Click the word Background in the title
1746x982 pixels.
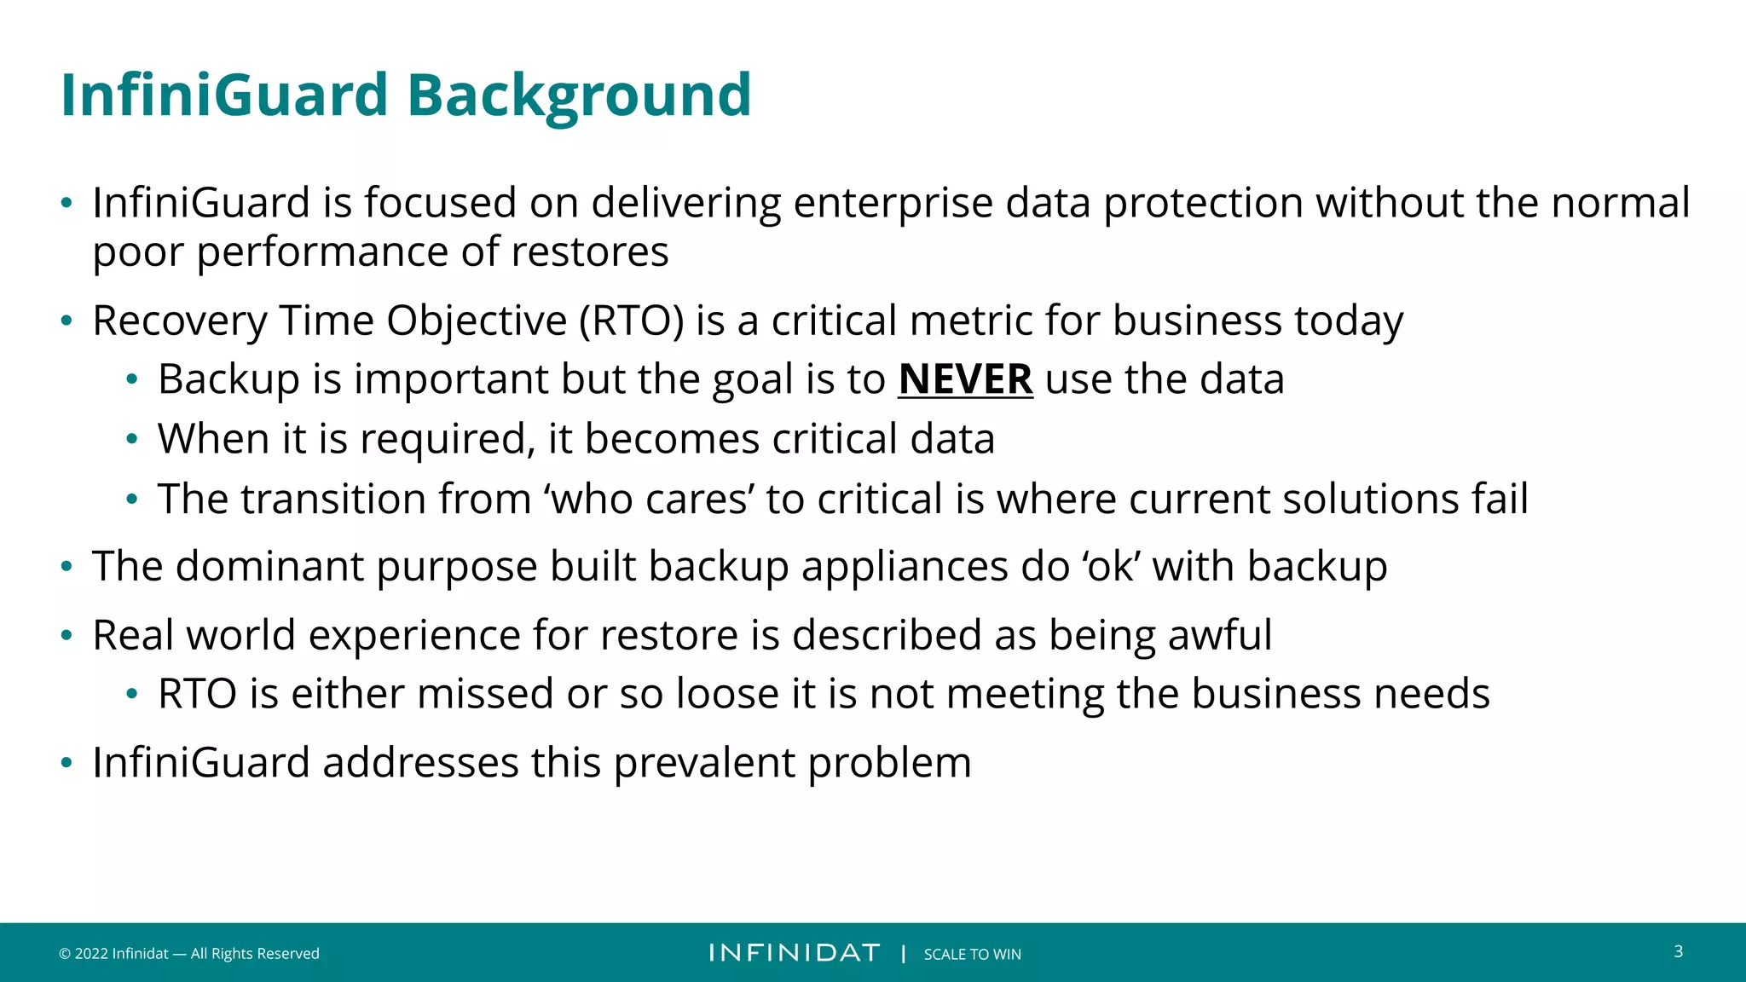tap(579, 95)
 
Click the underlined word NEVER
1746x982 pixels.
tap(965, 379)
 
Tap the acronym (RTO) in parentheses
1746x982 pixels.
tap(631, 321)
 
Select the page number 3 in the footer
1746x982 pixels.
tap(1678, 951)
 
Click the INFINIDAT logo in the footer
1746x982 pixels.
tap(794, 953)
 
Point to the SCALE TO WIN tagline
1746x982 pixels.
tap(972, 954)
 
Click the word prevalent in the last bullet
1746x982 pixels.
tap(703, 763)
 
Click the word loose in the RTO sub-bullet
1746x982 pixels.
tap(727, 693)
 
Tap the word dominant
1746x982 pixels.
tap(270, 567)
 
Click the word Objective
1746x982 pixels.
tap(477, 321)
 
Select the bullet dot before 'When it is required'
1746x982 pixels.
tap(131, 440)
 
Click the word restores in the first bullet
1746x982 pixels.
tap(589, 252)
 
